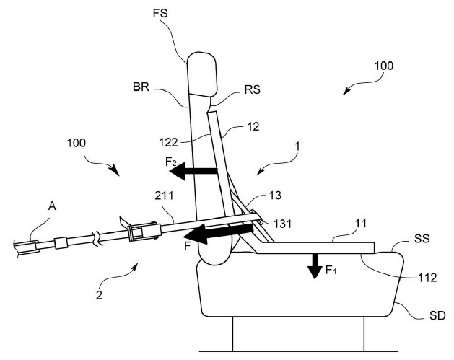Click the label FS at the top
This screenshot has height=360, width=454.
160,13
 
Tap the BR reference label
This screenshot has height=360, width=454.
141,87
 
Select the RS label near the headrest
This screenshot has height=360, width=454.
252,89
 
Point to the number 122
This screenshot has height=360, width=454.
168,142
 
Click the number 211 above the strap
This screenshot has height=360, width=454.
164,196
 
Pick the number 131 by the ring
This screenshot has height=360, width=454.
282,224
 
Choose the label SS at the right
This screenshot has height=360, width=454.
422,239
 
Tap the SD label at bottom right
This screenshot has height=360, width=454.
437,315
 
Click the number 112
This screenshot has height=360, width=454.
427,278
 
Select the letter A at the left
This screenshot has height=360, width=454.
52,206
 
